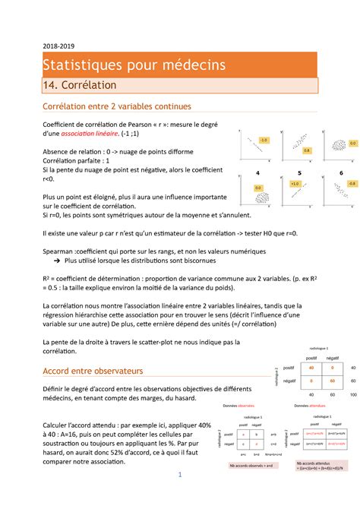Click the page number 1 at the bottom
180,495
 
